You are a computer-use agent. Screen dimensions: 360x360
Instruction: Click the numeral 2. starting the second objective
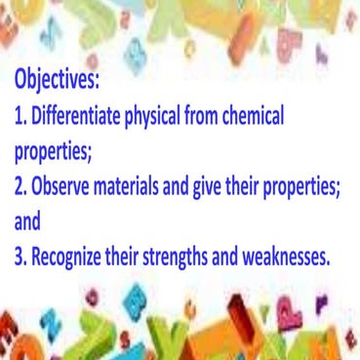20,187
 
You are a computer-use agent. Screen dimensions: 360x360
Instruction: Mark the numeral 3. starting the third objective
20,259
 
